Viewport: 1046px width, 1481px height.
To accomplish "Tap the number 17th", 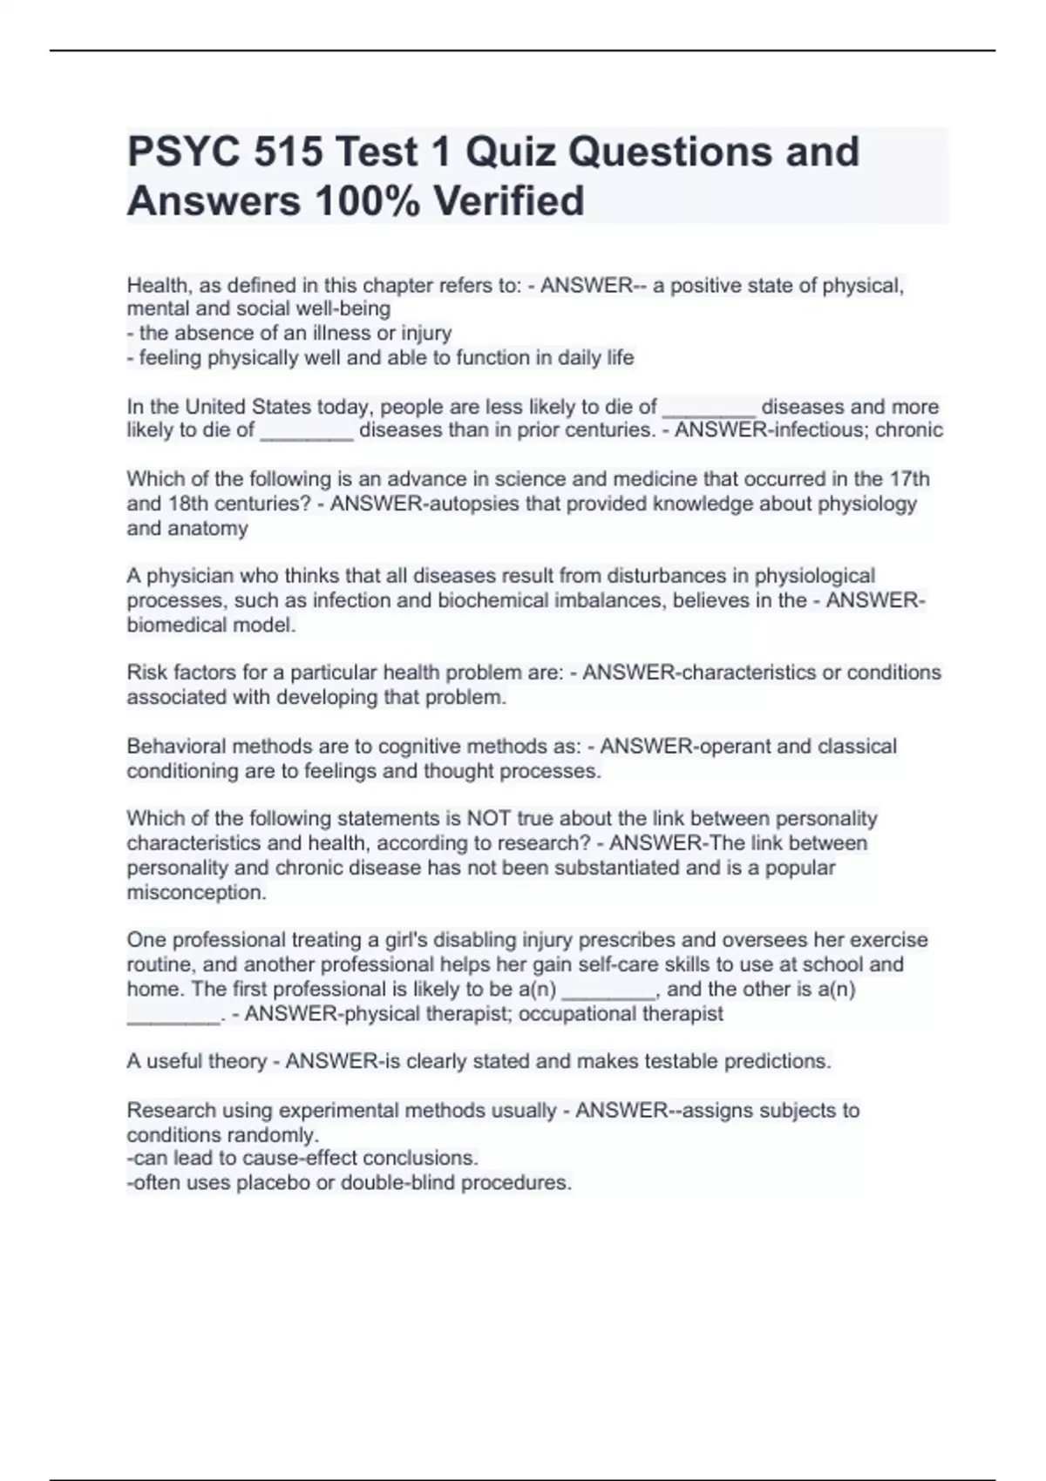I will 909,480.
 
